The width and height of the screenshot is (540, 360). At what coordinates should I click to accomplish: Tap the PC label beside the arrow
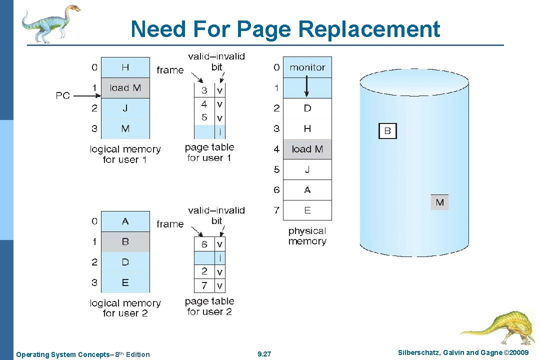coord(63,95)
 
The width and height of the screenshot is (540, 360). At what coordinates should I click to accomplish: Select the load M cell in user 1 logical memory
coord(125,88)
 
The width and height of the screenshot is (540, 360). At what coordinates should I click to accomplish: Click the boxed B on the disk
coord(387,131)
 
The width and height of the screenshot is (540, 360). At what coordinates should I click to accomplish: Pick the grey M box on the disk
coord(439,202)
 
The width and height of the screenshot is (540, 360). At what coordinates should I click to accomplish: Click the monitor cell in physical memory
coord(307,67)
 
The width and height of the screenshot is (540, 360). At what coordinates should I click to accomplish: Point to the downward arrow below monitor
coord(307,88)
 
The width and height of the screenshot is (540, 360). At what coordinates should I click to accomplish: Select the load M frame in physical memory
coord(307,149)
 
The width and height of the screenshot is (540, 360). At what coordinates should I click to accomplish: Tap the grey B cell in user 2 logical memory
coord(125,242)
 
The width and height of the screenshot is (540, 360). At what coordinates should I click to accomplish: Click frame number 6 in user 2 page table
coord(204,244)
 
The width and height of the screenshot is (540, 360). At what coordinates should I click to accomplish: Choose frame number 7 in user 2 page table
coord(204,286)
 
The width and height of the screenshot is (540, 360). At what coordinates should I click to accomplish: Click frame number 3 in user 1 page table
coord(204,90)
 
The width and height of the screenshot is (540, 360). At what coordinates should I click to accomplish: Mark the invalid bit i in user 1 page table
coord(219,132)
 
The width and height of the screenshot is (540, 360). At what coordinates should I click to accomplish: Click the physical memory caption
coord(307,236)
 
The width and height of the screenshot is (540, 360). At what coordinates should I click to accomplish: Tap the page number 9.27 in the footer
coord(264,354)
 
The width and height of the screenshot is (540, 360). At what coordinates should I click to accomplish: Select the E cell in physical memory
coord(307,210)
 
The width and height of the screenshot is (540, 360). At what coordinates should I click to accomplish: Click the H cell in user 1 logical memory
coord(125,67)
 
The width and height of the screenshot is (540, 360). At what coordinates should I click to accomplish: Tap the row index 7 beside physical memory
coord(276,210)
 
